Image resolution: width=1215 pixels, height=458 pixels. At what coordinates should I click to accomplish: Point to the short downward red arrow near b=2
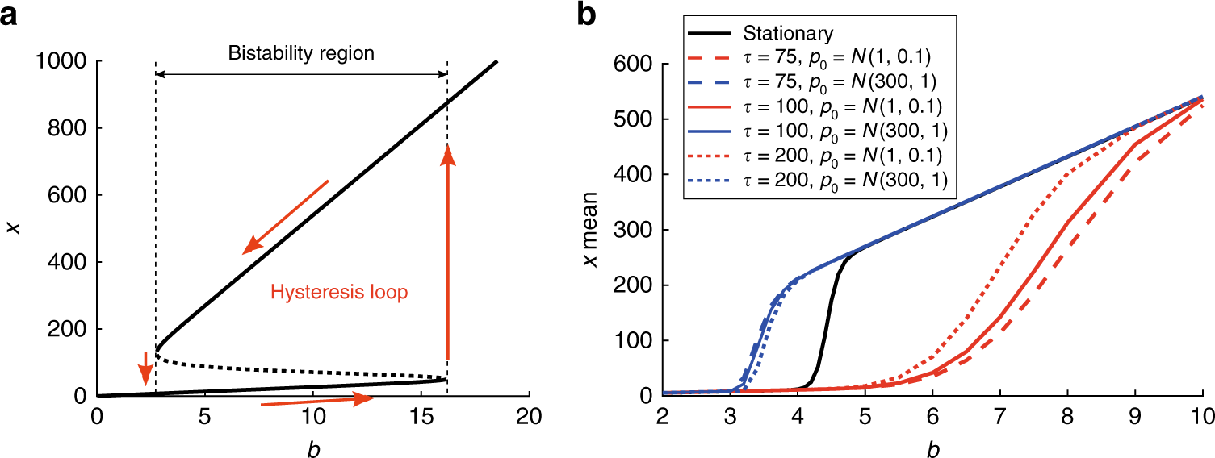(145, 368)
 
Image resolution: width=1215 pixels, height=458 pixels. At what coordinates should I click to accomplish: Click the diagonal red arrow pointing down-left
(287, 216)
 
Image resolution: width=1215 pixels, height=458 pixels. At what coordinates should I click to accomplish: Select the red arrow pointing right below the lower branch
(317, 401)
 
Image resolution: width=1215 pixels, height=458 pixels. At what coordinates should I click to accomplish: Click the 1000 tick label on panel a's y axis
(61, 61)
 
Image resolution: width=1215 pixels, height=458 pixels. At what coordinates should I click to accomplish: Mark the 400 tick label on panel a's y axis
(68, 262)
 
